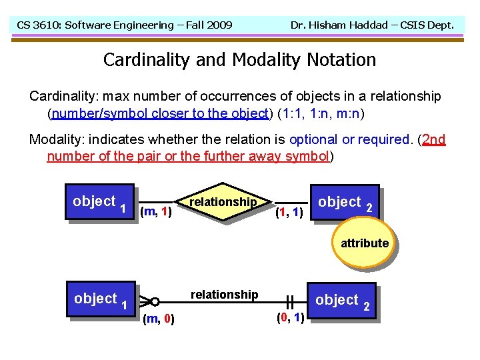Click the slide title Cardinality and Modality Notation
(x=239, y=60)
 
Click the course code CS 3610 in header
(x=39, y=25)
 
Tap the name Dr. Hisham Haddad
(x=331, y=25)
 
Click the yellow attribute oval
(x=364, y=243)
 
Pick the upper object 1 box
(x=99, y=202)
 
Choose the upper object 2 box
(x=345, y=203)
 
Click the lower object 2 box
(x=342, y=301)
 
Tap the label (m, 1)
(x=157, y=213)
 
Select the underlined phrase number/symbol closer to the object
(x=160, y=113)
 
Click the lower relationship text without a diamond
(x=224, y=295)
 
